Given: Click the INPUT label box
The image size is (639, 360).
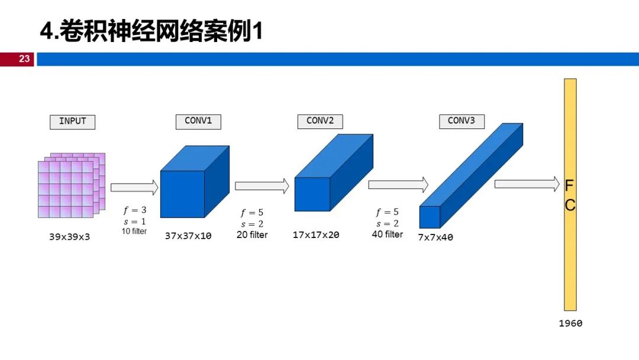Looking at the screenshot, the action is (72, 121).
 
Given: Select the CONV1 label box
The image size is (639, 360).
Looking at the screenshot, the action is (198, 121).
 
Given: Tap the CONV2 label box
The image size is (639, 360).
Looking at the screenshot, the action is (320, 121).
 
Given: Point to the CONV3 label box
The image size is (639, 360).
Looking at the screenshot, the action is (461, 121).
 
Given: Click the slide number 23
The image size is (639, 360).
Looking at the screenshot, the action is (24, 59).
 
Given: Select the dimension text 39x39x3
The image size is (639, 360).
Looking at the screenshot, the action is (69, 236).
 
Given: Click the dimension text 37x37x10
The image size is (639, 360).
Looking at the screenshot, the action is (188, 236).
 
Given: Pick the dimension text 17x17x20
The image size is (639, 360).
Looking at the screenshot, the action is (316, 235).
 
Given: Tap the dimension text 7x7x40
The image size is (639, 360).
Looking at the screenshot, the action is (435, 237).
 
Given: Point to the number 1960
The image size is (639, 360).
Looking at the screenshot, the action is (570, 323).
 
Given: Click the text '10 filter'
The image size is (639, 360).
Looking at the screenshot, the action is (134, 231).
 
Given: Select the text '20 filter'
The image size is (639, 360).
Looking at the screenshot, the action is (252, 235).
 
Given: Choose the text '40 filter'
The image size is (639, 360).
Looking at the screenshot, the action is (387, 234).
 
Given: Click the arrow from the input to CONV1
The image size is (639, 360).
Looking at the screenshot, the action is (134, 188).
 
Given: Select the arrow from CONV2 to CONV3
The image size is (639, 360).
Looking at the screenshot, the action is (398, 185).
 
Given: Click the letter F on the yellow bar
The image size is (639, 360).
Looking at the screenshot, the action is (569, 186).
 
